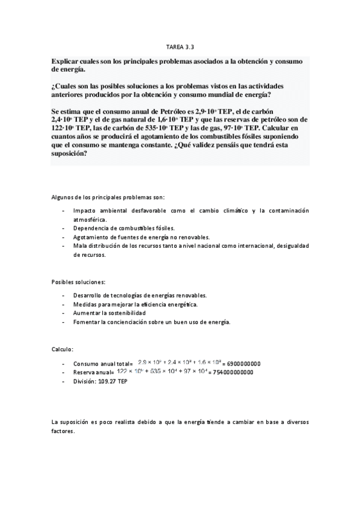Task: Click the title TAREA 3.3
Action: [x=180, y=46]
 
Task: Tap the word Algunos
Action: [x=63, y=197]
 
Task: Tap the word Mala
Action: [x=79, y=247]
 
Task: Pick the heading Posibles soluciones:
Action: [x=78, y=281]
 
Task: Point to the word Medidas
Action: [x=85, y=304]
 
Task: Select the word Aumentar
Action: [x=87, y=313]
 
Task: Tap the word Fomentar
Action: [x=87, y=322]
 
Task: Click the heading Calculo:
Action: [x=63, y=349]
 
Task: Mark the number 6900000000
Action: [x=244, y=363]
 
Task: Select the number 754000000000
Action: [x=231, y=372]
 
